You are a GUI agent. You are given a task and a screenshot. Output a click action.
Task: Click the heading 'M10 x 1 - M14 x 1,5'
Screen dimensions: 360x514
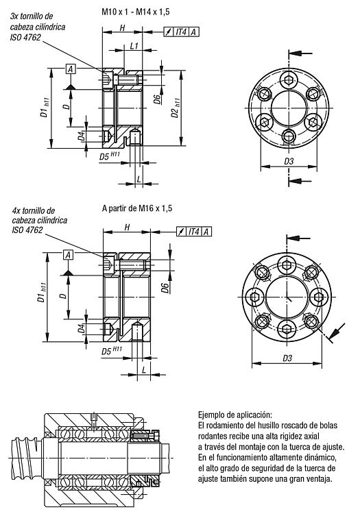pyautogui.click(x=135, y=12)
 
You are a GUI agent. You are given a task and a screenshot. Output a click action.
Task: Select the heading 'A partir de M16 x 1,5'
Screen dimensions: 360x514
pyautogui.click(x=137, y=208)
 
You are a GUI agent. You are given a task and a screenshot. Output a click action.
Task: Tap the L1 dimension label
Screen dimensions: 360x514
pyautogui.click(x=134, y=46)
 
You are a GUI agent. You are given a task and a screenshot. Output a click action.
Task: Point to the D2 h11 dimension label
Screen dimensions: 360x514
pyautogui.click(x=176, y=108)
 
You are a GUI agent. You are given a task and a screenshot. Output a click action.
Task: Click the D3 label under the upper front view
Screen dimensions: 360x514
pyautogui.click(x=289, y=161)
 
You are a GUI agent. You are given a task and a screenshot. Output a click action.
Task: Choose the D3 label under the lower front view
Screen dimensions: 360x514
pyautogui.click(x=287, y=358)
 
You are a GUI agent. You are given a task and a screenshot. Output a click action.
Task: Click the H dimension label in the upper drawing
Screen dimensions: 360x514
pyautogui.click(x=122, y=28)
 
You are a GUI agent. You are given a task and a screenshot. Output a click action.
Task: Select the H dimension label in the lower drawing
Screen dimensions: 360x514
pyautogui.click(x=128, y=227)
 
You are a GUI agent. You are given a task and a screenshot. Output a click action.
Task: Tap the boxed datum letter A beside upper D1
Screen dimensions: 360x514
pyautogui.click(x=71, y=69)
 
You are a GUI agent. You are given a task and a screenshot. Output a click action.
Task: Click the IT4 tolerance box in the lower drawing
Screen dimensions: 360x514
pyautogui.click(x=194, y=232)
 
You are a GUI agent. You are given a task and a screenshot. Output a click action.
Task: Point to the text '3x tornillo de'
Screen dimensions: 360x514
pyautogui.click(x=32, y=16)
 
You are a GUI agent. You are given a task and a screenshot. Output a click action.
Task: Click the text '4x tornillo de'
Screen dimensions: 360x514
pyautogui.click(x=34, y=210)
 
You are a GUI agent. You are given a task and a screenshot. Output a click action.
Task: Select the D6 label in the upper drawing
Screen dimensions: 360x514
pyautogui.click(x=158, y=99)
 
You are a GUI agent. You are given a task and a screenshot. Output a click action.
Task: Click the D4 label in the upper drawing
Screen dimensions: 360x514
pyautogui.click(x=81, y=136)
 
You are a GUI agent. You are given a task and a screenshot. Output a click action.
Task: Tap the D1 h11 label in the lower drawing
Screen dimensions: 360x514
pyautogui.click(x=42, y=293)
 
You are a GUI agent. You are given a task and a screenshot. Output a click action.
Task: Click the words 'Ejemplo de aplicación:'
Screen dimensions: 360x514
pyautogui.click(x=235, y=415)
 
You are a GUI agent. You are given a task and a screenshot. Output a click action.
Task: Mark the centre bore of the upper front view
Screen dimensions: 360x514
pyautogui.click(x=289, y=108)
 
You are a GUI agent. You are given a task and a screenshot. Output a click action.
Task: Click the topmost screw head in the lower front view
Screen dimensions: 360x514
pyautogui.click(x=287, y=265)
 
